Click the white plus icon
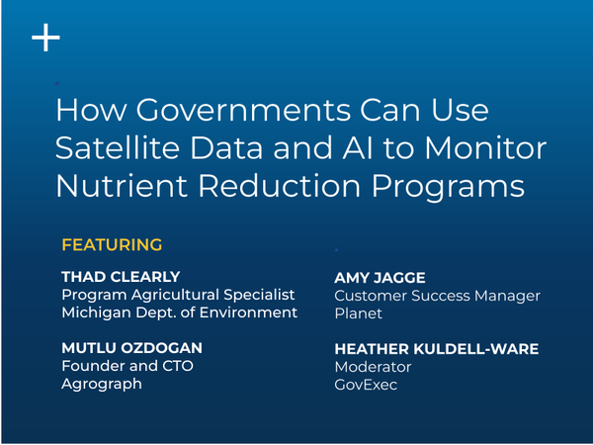45,38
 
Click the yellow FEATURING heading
112,245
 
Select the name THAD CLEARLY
121,277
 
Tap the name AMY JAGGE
380,278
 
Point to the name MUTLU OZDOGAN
132,348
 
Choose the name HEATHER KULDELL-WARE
437,349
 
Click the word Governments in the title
243,110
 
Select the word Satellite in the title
118,147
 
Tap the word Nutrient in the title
122,186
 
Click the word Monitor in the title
486,147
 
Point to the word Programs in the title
449,187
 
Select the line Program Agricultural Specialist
178,295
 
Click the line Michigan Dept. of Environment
180,312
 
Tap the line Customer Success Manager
437,297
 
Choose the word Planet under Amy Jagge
358,313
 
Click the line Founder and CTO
127,366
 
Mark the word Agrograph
102,385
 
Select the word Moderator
373,367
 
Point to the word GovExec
366,385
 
